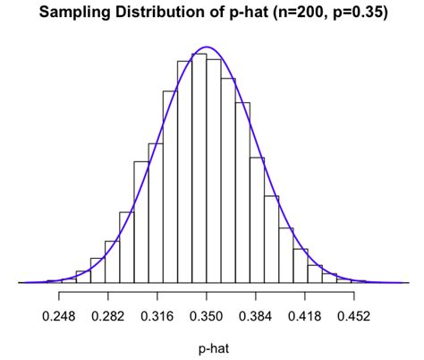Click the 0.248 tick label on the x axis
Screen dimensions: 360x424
[x=59, y=315]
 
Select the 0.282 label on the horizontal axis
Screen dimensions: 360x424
[x=108, y=315]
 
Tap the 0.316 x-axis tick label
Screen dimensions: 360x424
[x=157, y=315]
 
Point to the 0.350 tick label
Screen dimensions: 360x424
[x=207, y=315]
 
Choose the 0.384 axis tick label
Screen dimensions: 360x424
[x=256, y=315]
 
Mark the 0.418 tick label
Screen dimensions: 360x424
[x=305, y=315]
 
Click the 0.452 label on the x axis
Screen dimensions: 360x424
[x=354, y=315]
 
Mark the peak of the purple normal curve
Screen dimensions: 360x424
[x=207, y=47]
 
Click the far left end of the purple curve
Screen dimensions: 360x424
[x=21, y=282]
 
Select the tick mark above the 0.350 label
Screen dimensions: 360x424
[x=207, y=296]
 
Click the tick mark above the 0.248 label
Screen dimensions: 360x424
[x=59, y=296]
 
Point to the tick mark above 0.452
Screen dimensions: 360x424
[x=354, y=296]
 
